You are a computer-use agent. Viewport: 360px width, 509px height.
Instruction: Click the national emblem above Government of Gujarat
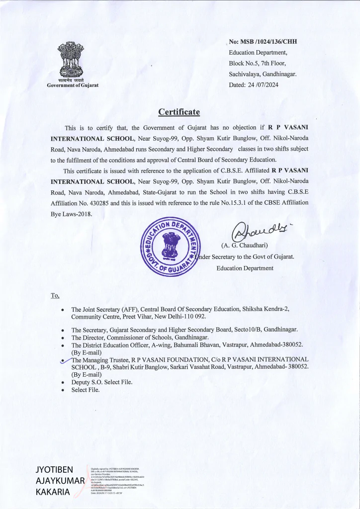(x=73, y=60)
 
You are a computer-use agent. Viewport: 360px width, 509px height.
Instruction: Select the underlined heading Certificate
(x=179, y=111)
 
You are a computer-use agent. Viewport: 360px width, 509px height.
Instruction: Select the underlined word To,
(x=55, y=296)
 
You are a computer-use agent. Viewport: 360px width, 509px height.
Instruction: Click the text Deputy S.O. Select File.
(x=102, y=382)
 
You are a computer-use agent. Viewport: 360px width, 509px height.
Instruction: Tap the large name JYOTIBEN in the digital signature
(x=55, y=470)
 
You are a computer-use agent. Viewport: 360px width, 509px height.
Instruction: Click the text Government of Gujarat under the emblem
(x=73, y=85)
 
